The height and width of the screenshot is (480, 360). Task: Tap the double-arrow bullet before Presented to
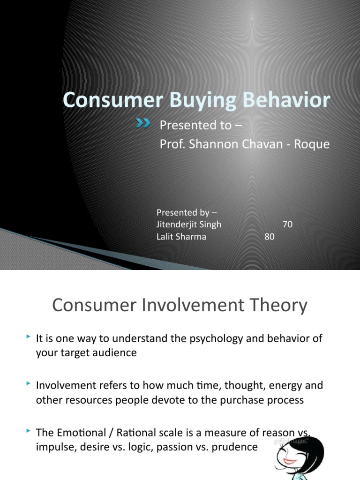point(143,123)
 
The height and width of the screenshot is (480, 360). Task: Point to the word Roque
point(313,145)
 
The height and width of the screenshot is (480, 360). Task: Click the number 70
point(287,225)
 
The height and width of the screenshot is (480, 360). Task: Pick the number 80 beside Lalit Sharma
point(269,237)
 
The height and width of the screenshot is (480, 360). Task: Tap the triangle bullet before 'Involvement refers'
point(29,384)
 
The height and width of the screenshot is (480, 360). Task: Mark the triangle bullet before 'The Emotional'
point(29,431)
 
